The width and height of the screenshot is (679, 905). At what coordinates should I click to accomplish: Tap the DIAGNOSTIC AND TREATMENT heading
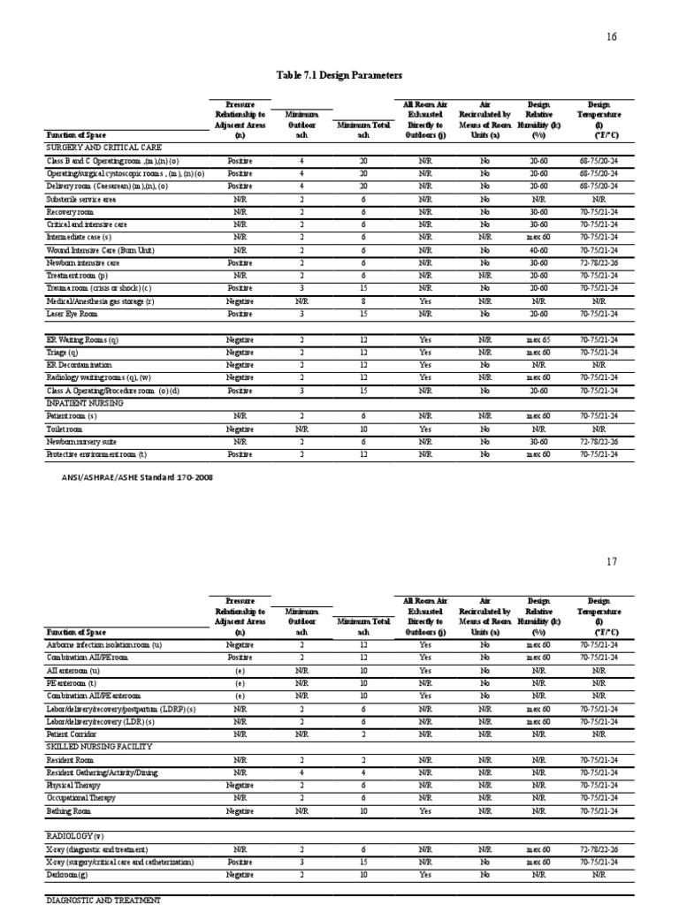point(103,900)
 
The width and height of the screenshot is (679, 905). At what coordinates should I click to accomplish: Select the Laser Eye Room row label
point(72,314)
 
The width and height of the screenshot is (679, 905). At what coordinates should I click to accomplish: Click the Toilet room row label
point(67,429)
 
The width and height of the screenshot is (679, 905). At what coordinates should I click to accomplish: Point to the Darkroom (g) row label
point(69,874)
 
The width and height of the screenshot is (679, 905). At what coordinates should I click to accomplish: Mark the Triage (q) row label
point(63,352)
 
